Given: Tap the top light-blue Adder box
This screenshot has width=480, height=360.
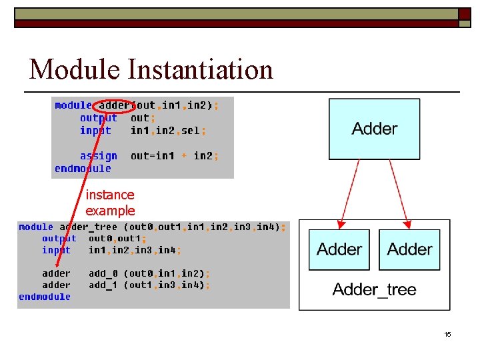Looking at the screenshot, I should pyautogui.click(x=375, y=129).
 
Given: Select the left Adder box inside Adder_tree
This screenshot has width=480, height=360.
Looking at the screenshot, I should pyautogui.click(x=339, y=249).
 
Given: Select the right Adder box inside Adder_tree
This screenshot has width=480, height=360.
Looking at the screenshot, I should pyautogui.click(x=410, y=249).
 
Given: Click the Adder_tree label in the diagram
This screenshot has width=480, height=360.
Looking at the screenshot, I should pyautogui.click(x=374, y=289).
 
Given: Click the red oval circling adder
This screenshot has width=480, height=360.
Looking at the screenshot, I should pyautogui.click(x=115, y=105).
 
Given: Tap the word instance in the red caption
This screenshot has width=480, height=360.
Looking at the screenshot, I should pyautogui.click(x=110, y=195).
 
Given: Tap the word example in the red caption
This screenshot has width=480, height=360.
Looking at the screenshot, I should pyautogui.click(x=110, y=211).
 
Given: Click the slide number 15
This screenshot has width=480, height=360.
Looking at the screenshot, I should pyautogui.click(x=447, y=334).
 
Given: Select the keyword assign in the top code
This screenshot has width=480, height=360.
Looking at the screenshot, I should pyautogui.click(x=99, y=156).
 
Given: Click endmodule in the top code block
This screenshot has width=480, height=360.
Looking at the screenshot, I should pyautogui.click(x=83, y=169).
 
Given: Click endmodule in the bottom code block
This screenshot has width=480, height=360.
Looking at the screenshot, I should pyautogui.click(x=45, y=297).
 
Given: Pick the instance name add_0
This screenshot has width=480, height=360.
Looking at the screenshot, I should pyautogui.click(x=103, y=273).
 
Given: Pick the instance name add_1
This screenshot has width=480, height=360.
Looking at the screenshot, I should pyautogui.click(x=103, y=285).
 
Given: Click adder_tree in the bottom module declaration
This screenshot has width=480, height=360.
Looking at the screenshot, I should pyautogui.click(x=88, y=227).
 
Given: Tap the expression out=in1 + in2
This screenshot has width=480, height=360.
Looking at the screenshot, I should pyautogui.click(x=174, y=156).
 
